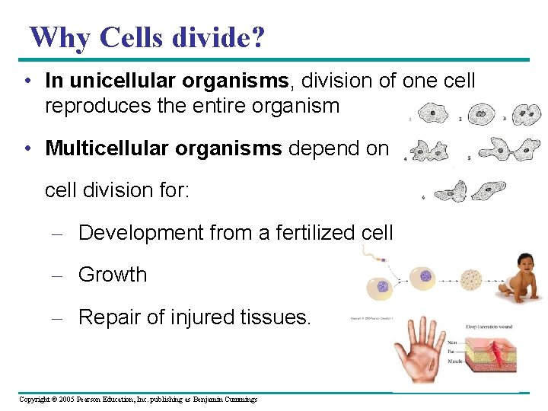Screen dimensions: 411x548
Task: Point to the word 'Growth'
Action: [x=113, y=274]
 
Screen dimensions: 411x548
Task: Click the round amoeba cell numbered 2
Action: [x=480, y=114]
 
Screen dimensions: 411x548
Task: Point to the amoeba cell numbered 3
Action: [x=525, y=114]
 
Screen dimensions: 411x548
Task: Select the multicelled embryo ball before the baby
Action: [x=472, y=280]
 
